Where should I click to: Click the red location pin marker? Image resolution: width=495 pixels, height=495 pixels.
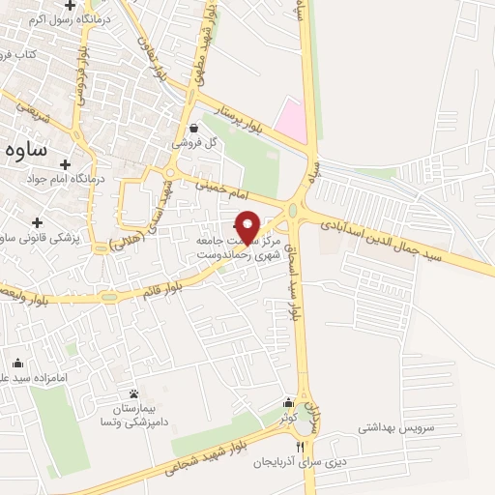click(x=248, y=227)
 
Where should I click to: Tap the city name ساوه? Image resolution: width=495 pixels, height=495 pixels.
click(x=26, y=150)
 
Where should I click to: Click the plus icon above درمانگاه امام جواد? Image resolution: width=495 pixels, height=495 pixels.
click(x=66, y=165)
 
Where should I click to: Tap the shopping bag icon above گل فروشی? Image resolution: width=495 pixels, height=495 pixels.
click(x=194, y=128)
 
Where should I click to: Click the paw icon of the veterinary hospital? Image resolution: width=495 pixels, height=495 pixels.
click(x=133, y=393)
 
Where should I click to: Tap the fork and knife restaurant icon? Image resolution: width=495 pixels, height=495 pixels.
click(x=300, y=447)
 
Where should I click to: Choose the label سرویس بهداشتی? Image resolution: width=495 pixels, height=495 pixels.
click(x=397, y=426)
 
